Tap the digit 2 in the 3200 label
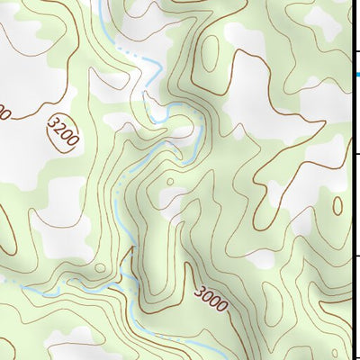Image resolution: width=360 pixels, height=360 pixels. [59, 129]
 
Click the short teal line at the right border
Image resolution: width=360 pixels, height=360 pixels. [357, 73]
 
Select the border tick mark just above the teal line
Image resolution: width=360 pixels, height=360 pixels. [356, 51]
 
